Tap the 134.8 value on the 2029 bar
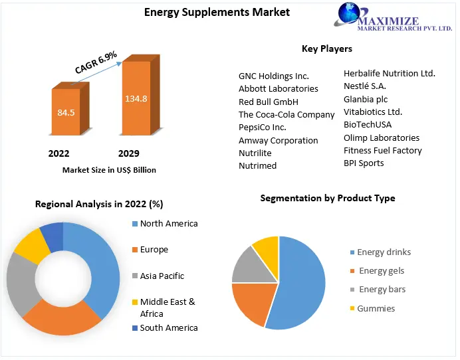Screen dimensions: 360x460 click(x=136, y=98)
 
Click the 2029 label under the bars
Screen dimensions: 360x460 click(x=128, y=153)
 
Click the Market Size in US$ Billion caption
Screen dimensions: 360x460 click(x=109, y=170)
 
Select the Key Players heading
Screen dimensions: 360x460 click(x=327, y=48)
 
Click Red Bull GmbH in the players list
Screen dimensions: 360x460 click(x=269, y=102)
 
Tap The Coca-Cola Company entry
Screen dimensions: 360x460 click(x=287, y=114)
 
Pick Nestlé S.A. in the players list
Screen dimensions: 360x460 click(x=365, y=86)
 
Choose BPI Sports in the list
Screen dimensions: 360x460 click(x=364, y=163)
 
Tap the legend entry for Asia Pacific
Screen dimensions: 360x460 click(x=162, y=276)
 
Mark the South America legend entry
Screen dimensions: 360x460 click(x=168, y=327)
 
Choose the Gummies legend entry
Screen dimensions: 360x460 click(x=376, y=308)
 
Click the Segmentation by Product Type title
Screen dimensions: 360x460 click(x=327, y=198)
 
